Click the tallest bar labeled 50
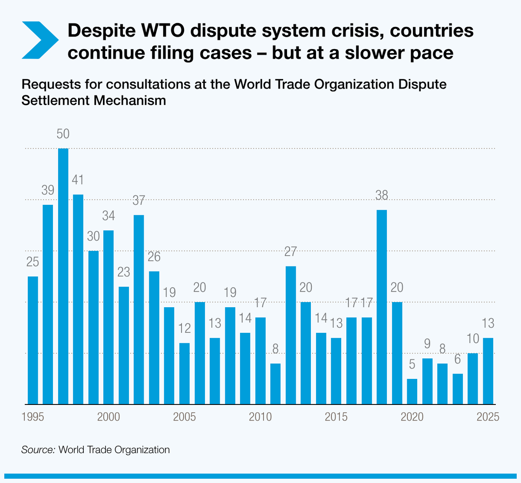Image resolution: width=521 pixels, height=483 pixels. coord(63,276)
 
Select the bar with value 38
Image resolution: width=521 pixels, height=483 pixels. coord(382,307)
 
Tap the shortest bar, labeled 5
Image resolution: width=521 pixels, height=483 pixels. coord(412,391)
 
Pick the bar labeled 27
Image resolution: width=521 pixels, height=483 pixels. coord(290,335)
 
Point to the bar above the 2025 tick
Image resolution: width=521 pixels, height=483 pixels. coord(488,371)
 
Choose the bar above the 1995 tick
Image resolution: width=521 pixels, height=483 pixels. coord(33,340)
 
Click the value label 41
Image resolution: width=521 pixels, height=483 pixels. coord(78,180)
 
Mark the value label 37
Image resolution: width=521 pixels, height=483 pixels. coord(139,200)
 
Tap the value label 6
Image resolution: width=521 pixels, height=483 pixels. coord(458,359)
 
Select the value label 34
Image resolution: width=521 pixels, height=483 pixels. coord(109,216)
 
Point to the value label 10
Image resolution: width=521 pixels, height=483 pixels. coord(473,338)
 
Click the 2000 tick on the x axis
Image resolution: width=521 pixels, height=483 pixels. coord(109,417)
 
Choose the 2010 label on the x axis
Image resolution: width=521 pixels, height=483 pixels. coord(260,417)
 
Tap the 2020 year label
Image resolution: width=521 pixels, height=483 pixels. coord(412,417)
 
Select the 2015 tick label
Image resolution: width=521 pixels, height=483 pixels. coord(336,417)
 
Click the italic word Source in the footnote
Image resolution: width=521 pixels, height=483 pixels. coord(38,450)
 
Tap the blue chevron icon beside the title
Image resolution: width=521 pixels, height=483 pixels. coord(39,39)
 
